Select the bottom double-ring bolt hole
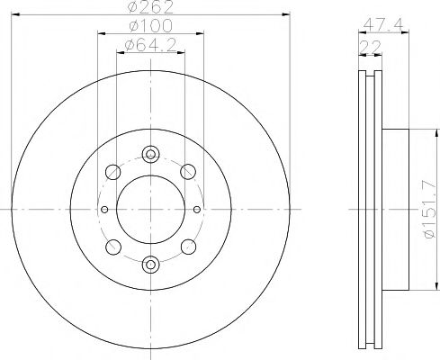tap(150, 264)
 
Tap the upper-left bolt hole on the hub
tap(112, 171)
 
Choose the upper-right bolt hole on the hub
tap(188, 171)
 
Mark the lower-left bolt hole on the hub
tap(112, 246)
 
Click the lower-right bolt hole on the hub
tap(188, 246)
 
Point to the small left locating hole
tap(104, 209)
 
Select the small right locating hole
tap(196, 209)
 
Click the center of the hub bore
tap(150, 209)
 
